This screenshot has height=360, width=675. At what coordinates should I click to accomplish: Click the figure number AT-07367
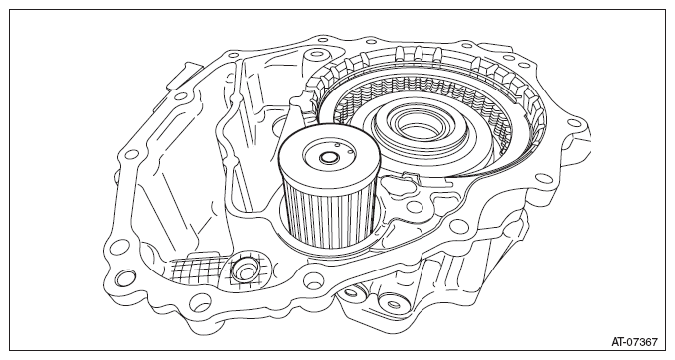point(635,342)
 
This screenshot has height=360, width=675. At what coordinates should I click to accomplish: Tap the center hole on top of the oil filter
point(329,158)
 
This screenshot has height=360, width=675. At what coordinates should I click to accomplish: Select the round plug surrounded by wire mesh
point(245,270)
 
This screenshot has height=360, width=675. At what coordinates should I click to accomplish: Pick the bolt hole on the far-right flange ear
point(575,123)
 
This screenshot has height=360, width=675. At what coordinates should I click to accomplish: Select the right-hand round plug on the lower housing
point(393,305)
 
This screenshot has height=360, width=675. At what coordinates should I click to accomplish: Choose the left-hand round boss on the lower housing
point(350,293)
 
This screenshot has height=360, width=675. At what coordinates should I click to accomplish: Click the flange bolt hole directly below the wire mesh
point(199,302)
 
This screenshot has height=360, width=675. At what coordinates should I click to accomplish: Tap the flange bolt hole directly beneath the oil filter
point(312,279)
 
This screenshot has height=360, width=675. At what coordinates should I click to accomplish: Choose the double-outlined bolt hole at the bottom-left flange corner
point(125,277)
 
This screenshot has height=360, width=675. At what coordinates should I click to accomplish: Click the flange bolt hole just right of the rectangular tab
point(233,55)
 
